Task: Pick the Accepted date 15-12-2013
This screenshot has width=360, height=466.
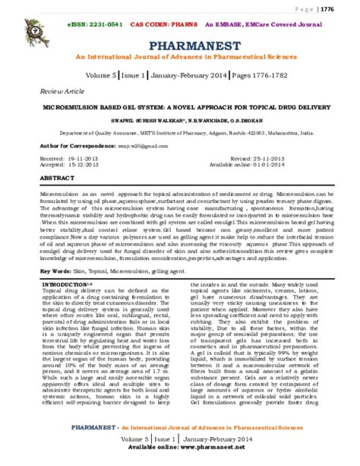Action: [76, 163]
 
